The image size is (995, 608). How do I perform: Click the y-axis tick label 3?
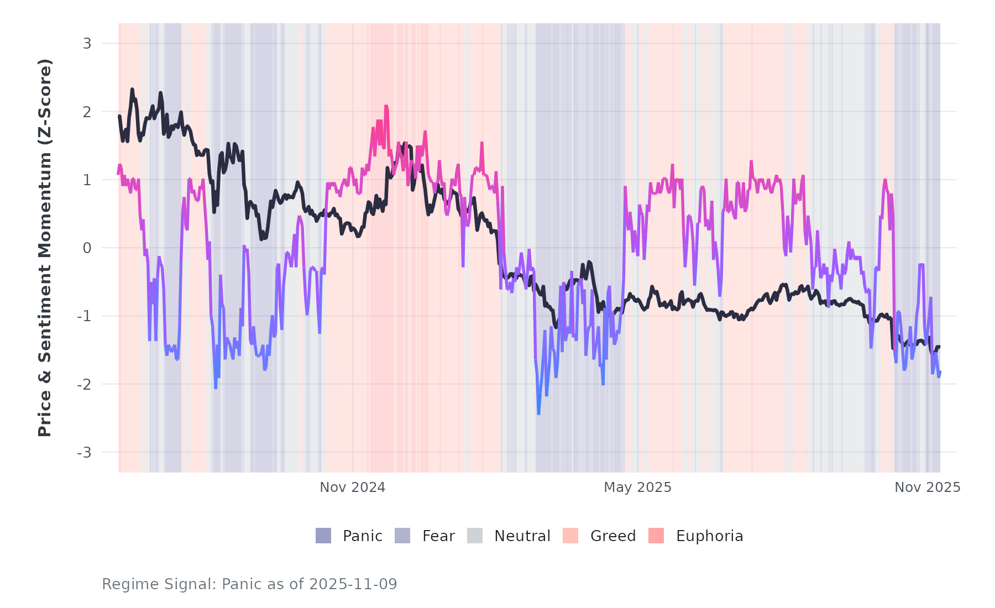tap(87, 44)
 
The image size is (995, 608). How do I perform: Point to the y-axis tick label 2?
tap(87, 112)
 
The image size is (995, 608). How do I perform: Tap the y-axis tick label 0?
tap(87, 248)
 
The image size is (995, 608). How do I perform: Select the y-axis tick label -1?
tap(85, 316)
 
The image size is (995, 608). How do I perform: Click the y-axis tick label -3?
tap(85, 453)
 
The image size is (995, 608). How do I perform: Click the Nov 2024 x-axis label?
tap(353, 488)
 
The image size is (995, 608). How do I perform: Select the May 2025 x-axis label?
tap(637, 488)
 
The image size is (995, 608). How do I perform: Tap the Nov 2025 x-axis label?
tap(928, 488)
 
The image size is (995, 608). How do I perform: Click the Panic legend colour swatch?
tap(323, 536)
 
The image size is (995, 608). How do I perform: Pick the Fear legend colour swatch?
tap(402, 536)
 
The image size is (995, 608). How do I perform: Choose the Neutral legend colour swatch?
tap(475, 536)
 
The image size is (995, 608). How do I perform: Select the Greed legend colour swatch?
tap(570, 536)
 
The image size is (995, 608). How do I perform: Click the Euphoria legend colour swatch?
tap(656, 536)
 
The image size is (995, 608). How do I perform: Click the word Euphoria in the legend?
tap(709, 536)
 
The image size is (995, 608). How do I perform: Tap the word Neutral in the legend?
tap(522, 536)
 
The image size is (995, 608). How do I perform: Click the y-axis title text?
tap(45, 248)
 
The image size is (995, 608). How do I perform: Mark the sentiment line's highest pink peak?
tap(386, 106)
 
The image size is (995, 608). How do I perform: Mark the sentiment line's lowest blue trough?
tap(538, 413)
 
